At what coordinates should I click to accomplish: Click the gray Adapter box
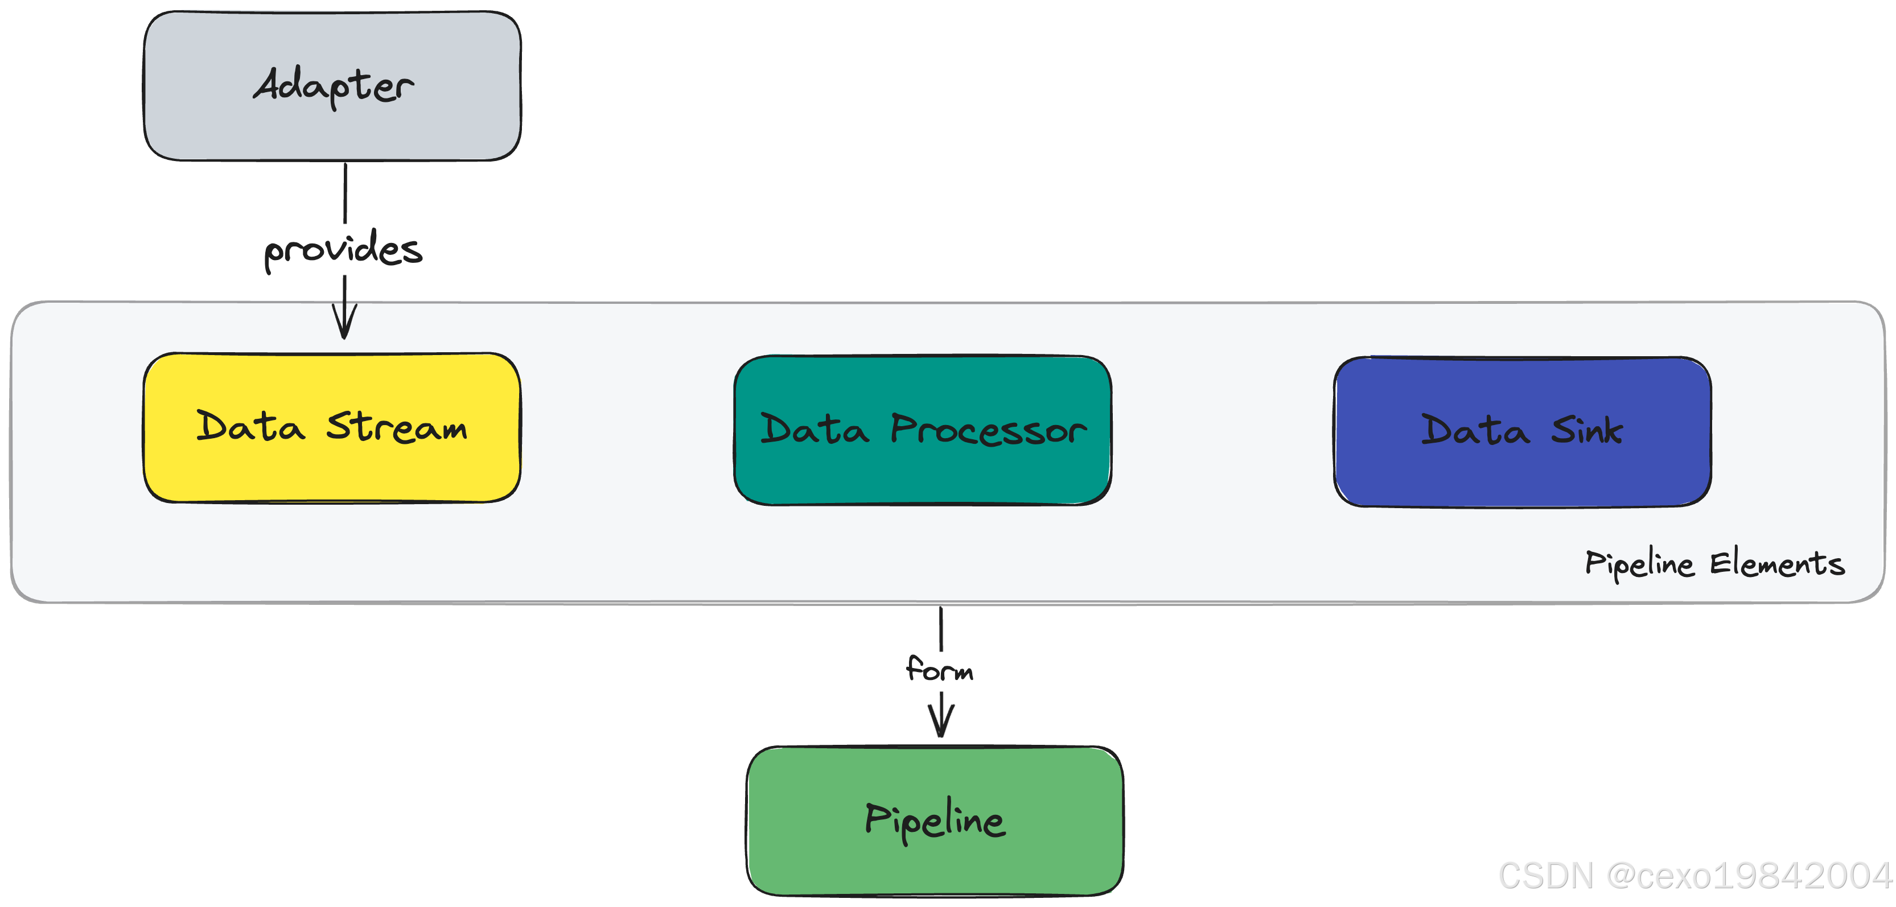tap(332, 86)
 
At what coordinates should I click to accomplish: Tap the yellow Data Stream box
tap(332, 427)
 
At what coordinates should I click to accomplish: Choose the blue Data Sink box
tap(1522, 432)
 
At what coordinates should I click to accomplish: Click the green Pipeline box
tap(935, 821)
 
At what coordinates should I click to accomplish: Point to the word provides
tap(343, 250)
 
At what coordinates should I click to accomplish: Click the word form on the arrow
tap(939, 669)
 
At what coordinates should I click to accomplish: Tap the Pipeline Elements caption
tap(1714, 564)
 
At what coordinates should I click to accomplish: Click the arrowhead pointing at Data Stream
tap(344, 324)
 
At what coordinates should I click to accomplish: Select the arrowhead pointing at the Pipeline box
tap(941, 723)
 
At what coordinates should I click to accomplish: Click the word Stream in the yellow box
tap(397, 427)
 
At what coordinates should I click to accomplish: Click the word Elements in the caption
tap(1777, 564)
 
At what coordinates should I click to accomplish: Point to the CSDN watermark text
tap(1544, 875)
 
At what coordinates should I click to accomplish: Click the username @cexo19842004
tap(1748, 875)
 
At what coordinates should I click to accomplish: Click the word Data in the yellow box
tap(250, 427)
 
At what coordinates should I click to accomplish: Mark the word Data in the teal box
tap(814, 430)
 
